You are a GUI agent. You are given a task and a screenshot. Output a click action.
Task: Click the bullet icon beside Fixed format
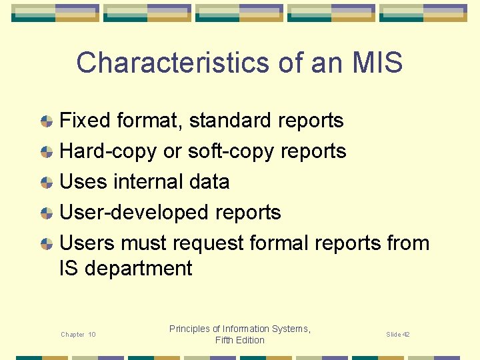coord(46,121)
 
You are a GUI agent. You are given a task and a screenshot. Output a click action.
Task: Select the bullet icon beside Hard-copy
coord(46,152)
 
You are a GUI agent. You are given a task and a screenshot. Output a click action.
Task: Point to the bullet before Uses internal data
coord(46,183)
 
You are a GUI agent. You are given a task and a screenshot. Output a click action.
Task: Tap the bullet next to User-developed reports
coord(46,213)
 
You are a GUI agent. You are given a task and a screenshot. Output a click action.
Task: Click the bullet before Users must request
coord(46,244)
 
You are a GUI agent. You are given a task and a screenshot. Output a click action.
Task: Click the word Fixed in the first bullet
coord(85,121)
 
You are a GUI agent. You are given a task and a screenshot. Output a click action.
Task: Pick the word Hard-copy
coord(109,151)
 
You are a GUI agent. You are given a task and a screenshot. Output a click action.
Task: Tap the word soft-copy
coord(230,151)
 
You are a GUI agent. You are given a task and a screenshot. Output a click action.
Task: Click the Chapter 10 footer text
coord(78,335)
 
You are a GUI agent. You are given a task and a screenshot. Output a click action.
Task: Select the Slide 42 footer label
coord(397,334)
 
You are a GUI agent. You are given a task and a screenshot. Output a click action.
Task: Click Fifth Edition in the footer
coord(240,341)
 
